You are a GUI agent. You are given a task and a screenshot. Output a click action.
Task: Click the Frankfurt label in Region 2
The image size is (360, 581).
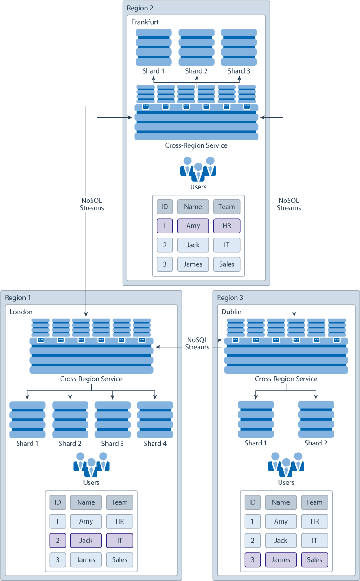pyautogui.click(x=145, y=22)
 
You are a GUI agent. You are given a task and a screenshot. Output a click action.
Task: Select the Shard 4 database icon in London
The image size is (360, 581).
pyautogui.click(x=155, y=420)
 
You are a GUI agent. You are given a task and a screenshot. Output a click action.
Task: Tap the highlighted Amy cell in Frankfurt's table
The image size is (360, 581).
pyautogui.click(x=193, y=226)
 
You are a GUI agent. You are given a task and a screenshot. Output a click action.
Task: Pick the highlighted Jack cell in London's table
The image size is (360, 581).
pyautogui.click(x=86, y=541)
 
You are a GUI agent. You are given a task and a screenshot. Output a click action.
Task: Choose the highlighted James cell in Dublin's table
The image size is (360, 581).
pyautogui.click(x=281, y=559)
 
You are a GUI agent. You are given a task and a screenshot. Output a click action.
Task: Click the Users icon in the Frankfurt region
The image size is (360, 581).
pyautogui.click(x=198, y=167)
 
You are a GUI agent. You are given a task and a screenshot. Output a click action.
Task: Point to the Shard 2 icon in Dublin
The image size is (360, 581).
pyautogui.click(x=316, y=419)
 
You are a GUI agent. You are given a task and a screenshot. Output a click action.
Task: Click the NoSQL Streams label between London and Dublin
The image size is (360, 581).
pyautogui.click(x=198, y=343)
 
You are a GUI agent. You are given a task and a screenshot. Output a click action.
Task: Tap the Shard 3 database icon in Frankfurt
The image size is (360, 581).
pyautogui.click(x=239, y=48)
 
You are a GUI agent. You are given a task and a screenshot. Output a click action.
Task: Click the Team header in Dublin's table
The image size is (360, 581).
pyautogui.click(x=314, y=502)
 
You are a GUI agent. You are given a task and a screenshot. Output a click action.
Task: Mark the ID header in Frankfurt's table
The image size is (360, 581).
pyautogui.click(x=165, y=207)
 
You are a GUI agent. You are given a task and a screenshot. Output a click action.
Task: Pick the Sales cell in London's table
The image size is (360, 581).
pyautogui.click(x=120, y=559)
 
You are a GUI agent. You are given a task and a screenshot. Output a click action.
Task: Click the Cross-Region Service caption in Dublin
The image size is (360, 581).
pyautogui.click(x=286, y=379)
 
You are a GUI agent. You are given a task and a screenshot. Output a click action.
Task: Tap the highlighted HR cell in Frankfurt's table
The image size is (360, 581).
pyautogui.click(x=227, y=226)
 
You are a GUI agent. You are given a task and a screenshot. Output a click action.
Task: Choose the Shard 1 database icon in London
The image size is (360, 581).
pyautogui.click(x=27, y=420)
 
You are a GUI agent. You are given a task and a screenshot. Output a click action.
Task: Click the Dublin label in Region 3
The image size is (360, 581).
pyautogui.click(x=232, y=312)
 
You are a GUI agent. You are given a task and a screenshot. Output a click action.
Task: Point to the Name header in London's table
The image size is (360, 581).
pyautogui.click(x=86, y=502)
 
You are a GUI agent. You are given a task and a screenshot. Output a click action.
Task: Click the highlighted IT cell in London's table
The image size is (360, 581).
pyautogui.click(x=120, y=541)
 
